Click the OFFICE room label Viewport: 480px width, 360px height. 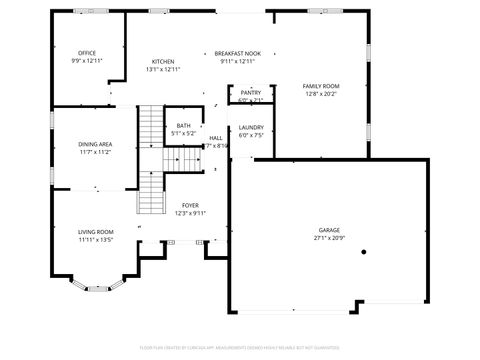pyautogui.click(x=87, y=52)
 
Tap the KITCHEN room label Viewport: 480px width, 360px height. pyautogui.click(x=163, y=61)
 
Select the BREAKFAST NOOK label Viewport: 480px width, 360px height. pyautogui.click(x=237, y=52)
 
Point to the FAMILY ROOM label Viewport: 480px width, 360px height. pyautogui.click(x=320, y=86)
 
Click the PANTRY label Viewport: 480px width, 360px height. pyautogui.click(x=250, y=92)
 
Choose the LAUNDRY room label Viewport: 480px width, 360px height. pyautogui.click(x=251, y=127)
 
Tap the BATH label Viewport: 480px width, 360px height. pyautogui.click(x=183, y=125)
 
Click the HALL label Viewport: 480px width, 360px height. pyautogui.click(x=216, y=138)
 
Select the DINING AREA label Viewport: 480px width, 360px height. pyautogui.click(x=95, y=144)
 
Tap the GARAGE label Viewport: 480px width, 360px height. pyautogui.click(x=329, y=230)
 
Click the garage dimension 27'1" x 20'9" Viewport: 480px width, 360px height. pyautogui.click(x=329, y=238)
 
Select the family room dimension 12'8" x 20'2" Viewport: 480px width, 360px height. pyautogui.click(x=320, y=94)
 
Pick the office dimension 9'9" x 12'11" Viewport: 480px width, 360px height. pyautogui.click(x=87, y=60)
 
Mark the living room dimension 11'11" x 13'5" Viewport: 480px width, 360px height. pyautogui.click(x=96, y=239)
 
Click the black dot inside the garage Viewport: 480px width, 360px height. pyautogui.click(x=363, y=252)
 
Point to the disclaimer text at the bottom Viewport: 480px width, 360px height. pyautogui.click(x=240, y=349)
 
